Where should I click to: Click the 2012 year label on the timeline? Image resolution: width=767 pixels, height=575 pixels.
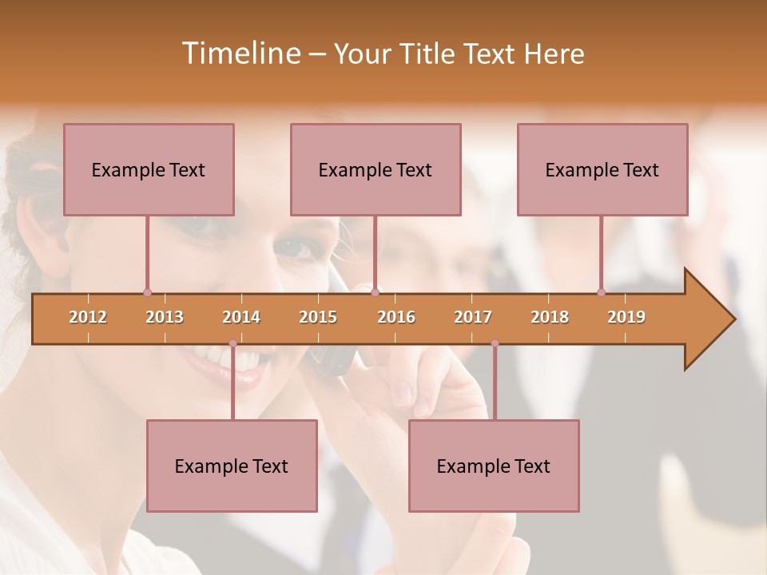[88, 317]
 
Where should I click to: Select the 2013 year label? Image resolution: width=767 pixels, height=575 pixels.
[165, 317]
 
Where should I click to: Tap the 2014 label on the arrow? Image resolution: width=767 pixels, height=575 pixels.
[241, 317]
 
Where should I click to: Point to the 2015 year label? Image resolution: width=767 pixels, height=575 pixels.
[318, 317]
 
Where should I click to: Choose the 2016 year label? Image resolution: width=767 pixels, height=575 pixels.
[396, 317]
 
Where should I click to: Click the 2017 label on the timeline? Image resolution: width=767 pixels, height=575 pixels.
[473, 317]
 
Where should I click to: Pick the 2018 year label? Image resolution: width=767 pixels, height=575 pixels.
[550, 317]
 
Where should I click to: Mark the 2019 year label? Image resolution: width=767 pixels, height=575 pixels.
[626, 317]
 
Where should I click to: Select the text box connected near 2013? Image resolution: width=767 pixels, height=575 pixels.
[149, 169]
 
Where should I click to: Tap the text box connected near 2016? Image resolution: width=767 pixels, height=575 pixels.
[376, 169]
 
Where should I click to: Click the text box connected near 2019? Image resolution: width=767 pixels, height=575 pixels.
[602, 169]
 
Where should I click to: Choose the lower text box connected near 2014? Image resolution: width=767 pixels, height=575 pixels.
[232, 466]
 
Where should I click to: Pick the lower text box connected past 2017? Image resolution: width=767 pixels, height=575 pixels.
[494, 466]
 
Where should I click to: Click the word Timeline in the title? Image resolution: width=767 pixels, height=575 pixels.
[240, 54]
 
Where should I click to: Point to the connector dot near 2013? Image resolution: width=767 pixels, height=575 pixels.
[147, 292]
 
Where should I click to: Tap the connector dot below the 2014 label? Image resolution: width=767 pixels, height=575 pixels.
[232, 343]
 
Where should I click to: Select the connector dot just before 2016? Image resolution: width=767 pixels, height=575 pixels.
[375, 292]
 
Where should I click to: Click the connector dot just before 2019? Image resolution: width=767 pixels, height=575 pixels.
[601, 292]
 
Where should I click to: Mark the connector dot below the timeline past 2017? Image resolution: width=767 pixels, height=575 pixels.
[495, 343]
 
